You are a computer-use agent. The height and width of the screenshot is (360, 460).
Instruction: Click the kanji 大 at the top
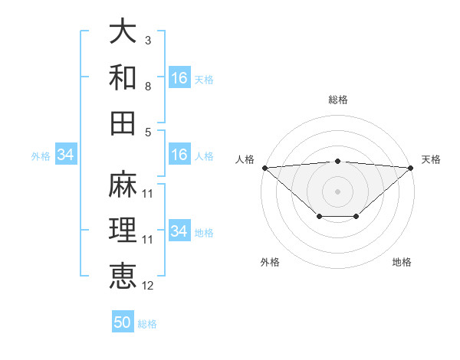pos(123,32)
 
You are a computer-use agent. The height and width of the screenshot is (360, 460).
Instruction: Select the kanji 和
pos(123,77)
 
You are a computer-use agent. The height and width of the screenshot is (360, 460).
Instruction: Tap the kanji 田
pos(123,123)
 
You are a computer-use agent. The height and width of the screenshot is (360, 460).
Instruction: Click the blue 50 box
pos(123,322)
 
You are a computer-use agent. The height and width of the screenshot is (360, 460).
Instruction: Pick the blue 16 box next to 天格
pos(179,78)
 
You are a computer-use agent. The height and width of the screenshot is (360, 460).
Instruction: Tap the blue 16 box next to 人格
pos(179,155)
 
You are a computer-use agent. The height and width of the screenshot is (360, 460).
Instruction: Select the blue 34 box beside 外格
pos(66,155)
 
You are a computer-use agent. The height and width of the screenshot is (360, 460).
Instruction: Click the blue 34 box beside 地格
pos(179,231)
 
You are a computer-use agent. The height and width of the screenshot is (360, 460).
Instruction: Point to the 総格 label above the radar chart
pos(338,100)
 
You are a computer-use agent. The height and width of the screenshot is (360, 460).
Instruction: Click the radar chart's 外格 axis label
pos(270,262)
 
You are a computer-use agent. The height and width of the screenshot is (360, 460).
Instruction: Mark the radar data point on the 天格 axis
pos(411,168)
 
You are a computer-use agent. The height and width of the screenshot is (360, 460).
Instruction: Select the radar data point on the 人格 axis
pos(264,168)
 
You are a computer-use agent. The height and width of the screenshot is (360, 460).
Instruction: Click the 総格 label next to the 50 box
pos(147,323)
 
